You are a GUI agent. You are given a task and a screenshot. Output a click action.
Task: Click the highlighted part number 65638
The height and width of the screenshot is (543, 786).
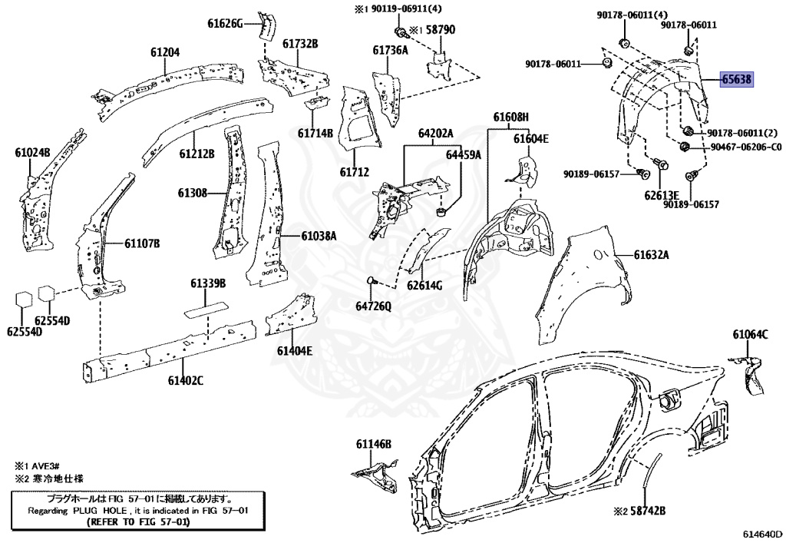tap(736, 79)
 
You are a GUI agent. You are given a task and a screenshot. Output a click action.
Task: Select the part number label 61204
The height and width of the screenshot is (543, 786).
tap(164, 52)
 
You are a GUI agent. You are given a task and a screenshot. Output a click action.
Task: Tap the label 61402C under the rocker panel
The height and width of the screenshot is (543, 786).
tap(186, 380)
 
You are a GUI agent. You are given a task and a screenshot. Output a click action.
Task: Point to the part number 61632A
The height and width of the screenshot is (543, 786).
tap(652, 255)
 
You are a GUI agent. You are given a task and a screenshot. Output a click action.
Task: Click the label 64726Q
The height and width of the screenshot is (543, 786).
tap(373, 306)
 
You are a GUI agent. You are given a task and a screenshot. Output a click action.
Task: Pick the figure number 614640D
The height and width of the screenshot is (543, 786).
tap(761, 534)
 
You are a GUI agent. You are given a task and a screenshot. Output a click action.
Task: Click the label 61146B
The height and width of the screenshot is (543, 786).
tap(373, 444)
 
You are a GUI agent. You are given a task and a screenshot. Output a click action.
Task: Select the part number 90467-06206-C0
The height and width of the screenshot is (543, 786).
tap(740, 147)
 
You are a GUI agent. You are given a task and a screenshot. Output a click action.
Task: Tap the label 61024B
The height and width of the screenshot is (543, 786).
tap(32, 153)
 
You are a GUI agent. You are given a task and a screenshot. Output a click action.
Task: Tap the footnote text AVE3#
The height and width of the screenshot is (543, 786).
tap(48, 466)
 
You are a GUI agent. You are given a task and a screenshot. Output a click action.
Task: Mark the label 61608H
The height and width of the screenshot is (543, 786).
tap(511, 117)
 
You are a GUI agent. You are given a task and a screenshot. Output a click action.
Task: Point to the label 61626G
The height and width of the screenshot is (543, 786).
tap(225, 23)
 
